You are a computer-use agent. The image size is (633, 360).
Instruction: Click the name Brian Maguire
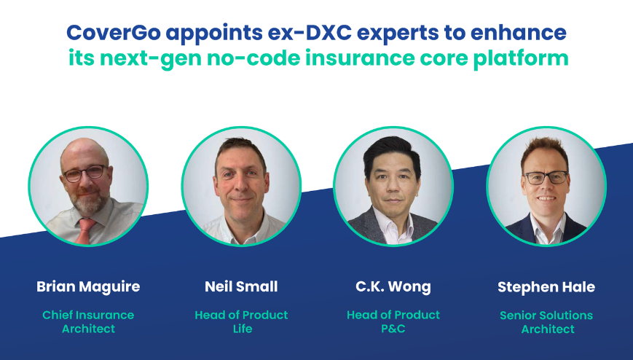tap(88, 287)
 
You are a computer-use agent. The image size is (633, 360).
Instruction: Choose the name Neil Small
tap(241, 287)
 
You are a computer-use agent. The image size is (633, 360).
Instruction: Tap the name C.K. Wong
tap(393, 287)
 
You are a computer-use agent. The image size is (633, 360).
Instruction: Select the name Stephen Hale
tap(546, 287)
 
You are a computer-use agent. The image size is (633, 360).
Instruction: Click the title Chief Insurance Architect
tap(88, 322)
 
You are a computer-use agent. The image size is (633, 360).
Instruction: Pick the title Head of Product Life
tap(241, 322)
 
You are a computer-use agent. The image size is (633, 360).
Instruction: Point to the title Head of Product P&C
tap(393, 322)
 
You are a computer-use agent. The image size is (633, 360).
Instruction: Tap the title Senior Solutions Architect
tap(546, 322)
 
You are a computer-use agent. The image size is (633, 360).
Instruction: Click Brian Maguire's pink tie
tap(85, 230)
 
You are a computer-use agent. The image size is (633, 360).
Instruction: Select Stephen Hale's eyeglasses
tap(546, 177)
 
